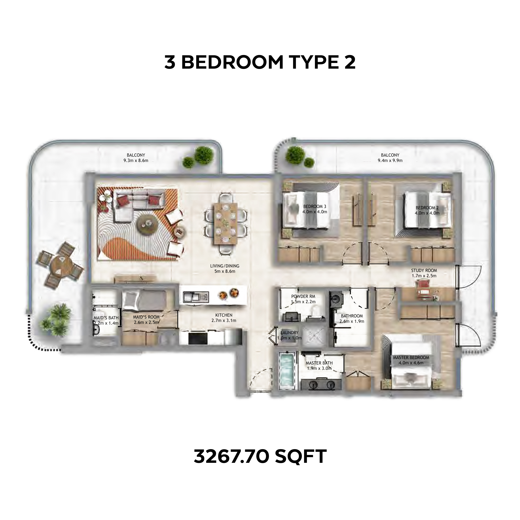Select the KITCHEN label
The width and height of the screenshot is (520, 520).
point(224,315)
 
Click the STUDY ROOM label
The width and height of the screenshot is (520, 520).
point(424,270)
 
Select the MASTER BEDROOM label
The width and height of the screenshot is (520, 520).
point(411,357)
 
